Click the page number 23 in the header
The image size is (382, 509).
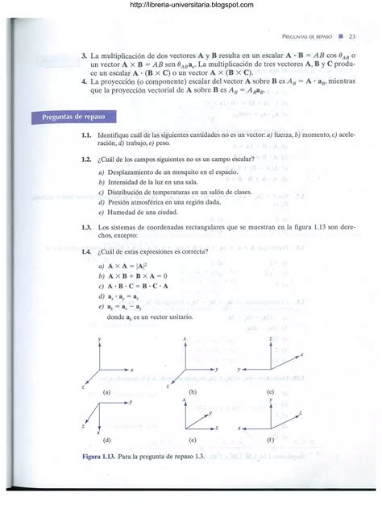click(x=352, y=38)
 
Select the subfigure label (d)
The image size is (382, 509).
click(x=106, y=441)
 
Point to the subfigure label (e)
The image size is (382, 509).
click(x=193, y=441)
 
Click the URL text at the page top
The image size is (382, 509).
click(x=191, y=6)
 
